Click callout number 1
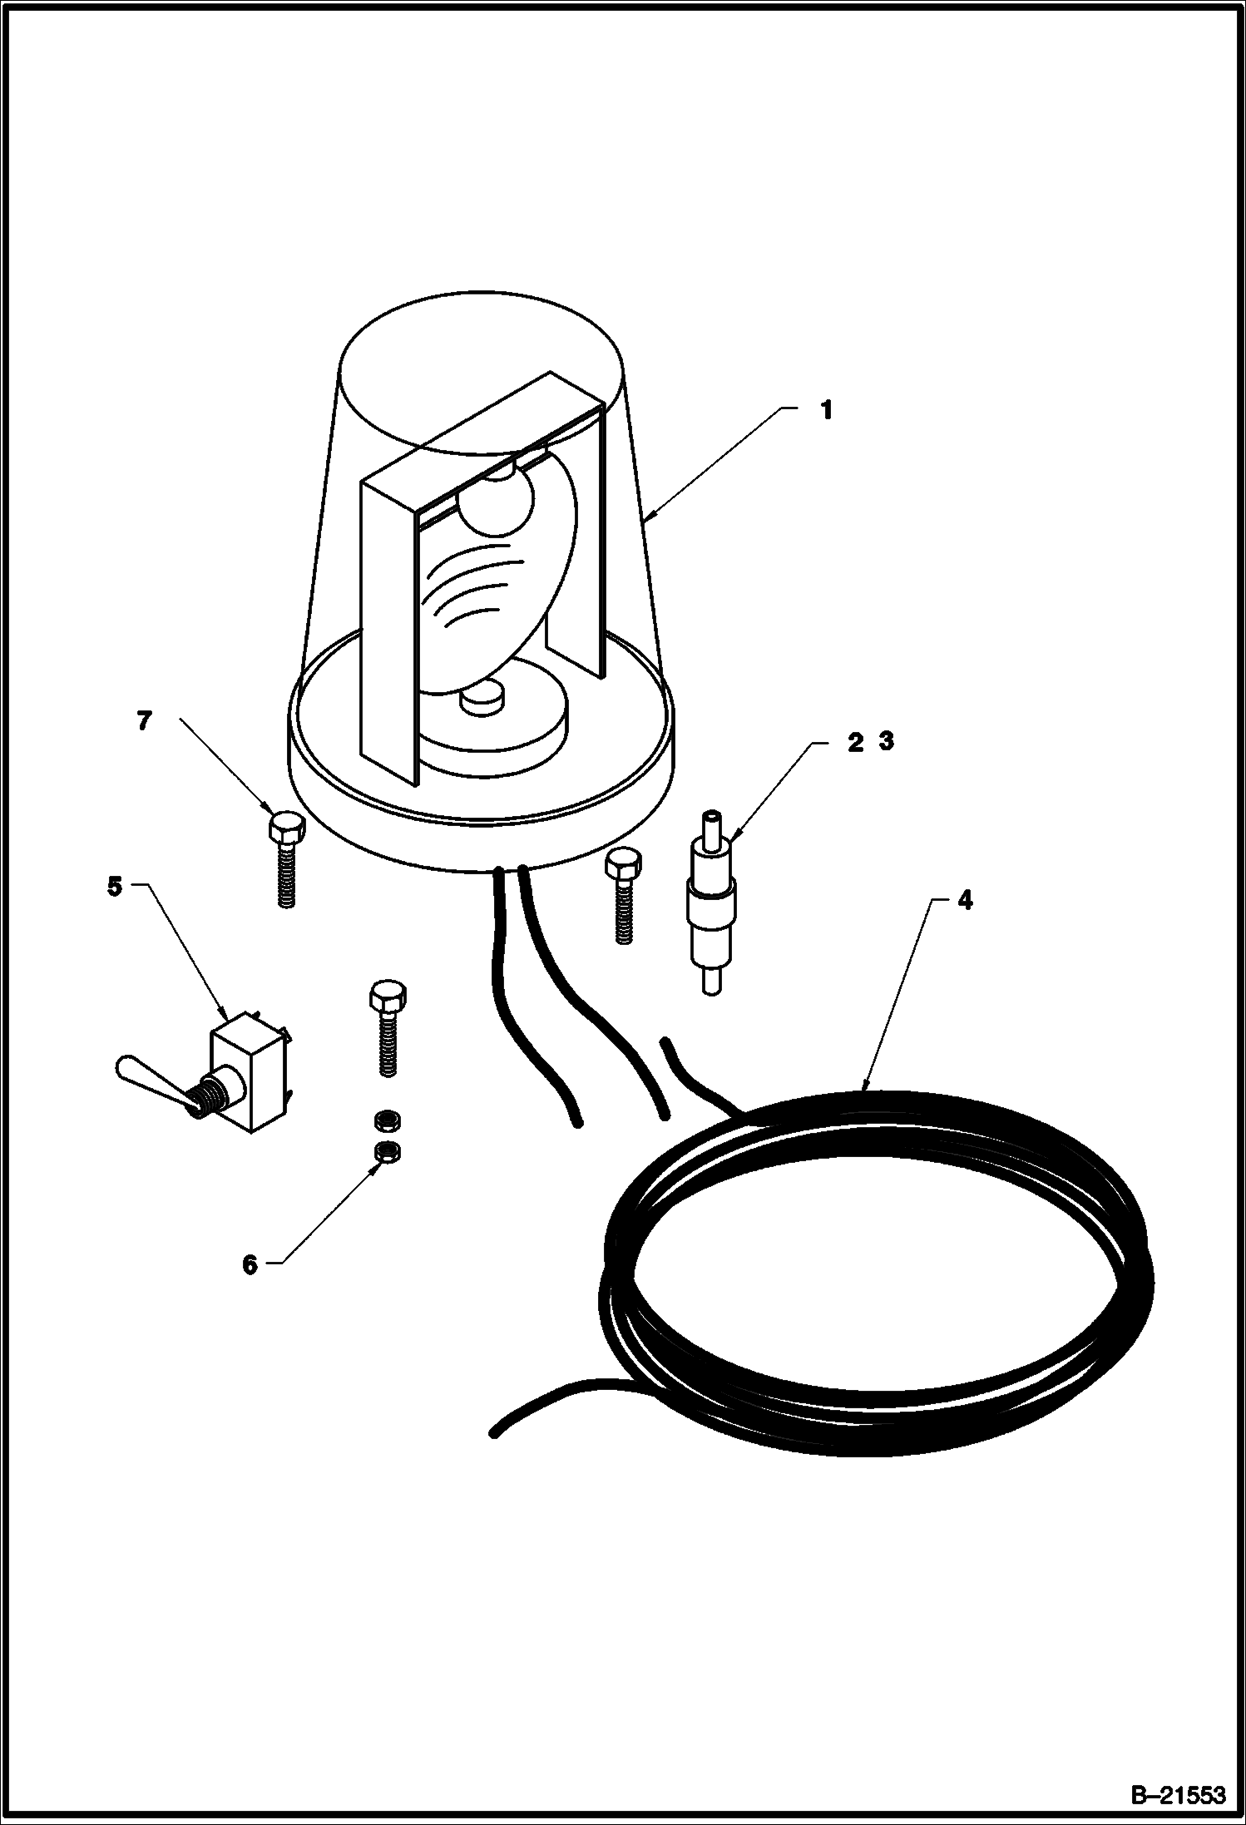coord(826,410)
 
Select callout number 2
coord(856,742)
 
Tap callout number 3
coord(887,742)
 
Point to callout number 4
coord(964,900)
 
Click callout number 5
coord(115,886)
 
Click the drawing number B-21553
coord(1179,1792)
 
